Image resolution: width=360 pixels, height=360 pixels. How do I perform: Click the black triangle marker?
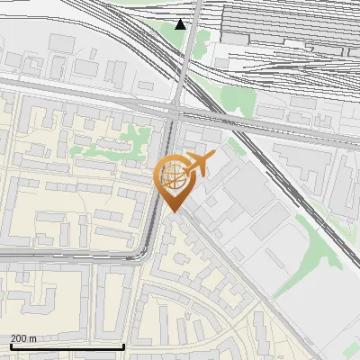pos(181,24)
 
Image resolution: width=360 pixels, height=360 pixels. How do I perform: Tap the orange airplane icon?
pos(200,164)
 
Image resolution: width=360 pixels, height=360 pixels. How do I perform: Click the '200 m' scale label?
pos(24,337)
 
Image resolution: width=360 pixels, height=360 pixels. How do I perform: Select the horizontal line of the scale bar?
pos(67,346)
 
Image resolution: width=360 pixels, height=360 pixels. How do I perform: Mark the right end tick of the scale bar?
pos(123,345)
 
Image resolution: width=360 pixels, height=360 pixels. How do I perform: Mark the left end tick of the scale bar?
pos(10,345)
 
